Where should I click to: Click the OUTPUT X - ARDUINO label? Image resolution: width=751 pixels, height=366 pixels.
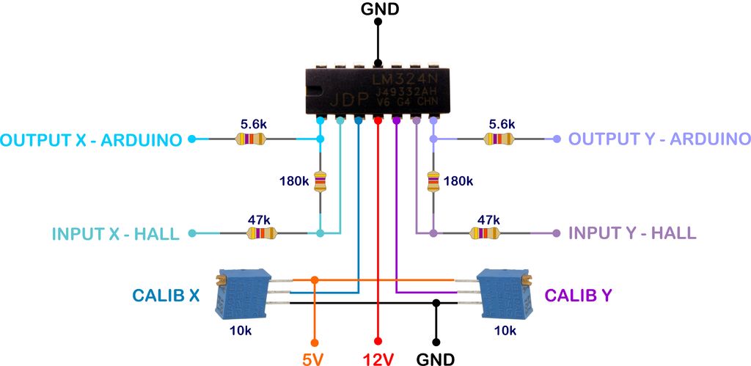[91, 139]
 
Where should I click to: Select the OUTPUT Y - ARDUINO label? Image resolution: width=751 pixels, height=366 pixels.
[659, 139]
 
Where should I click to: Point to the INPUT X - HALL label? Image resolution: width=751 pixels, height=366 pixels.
[115, 234]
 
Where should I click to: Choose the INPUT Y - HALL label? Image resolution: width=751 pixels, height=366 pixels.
[632, 234]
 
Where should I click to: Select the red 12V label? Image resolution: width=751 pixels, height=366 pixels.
[378, 359]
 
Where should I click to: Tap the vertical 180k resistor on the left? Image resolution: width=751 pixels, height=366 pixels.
[320, 182]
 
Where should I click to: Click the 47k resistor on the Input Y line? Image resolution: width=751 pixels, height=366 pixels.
[485, 234]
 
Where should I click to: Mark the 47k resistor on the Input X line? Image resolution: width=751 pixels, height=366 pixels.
[262, 234]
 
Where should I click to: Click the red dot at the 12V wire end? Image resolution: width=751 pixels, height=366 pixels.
[378, 342]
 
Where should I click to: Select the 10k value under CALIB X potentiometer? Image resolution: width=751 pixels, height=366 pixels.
[241, 332]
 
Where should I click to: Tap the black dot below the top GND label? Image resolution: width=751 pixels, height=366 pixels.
[378, 22]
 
